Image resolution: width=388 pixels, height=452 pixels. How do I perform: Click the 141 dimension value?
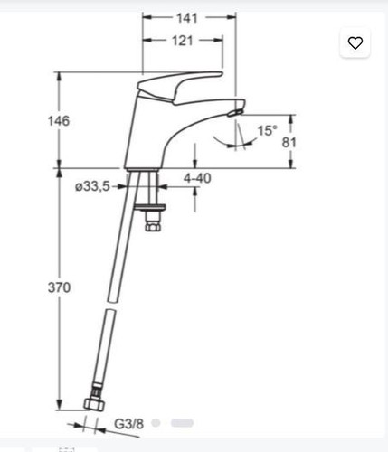187,18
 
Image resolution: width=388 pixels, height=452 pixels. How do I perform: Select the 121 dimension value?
183,41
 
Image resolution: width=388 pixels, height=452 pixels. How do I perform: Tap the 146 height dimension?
59,121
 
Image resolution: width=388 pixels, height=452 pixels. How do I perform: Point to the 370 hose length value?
59,287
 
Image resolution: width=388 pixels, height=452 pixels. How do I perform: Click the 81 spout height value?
289,143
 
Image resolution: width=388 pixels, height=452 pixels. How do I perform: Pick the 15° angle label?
267,131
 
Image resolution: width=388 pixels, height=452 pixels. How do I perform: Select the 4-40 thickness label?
197,178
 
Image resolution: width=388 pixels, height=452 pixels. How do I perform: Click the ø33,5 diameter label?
92,186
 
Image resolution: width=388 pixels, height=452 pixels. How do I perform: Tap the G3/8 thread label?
128,424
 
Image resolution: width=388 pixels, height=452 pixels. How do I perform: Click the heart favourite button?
355,42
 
